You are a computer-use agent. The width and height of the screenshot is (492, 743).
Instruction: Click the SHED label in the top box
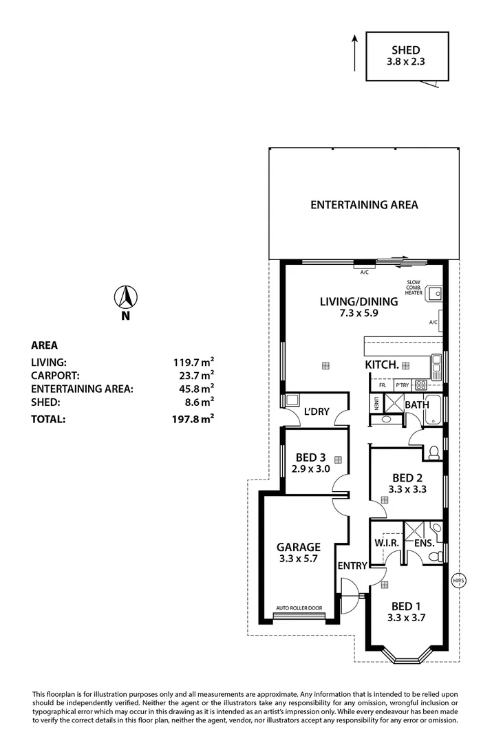coord(407,50)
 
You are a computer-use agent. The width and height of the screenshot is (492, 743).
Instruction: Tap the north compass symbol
coord(125,298)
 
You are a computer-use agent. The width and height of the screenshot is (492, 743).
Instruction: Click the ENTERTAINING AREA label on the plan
coord(364,204)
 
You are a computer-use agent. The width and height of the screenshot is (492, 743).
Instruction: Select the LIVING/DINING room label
coord(359,301)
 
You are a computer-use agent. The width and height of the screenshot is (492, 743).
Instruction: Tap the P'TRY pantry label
coord(402,386)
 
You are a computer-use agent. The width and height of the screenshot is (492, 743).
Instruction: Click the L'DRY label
coord(317,412)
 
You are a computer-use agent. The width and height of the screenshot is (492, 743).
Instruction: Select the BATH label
coord(416,405)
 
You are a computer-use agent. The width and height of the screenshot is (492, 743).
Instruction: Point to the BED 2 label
coord(407,477)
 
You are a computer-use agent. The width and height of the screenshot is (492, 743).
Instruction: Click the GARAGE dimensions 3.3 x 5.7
coord(298,559)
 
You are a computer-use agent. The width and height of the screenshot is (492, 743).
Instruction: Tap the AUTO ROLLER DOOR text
coord(299,608)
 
